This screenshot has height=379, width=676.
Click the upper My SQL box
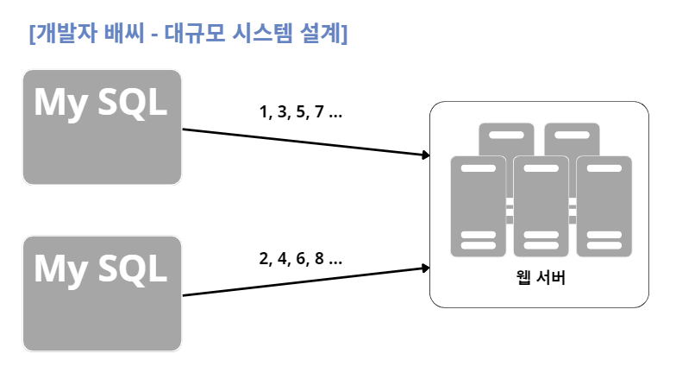click(102, 127)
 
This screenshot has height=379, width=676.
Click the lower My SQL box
click(102, 294)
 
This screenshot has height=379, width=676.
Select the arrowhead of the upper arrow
click(425, 155)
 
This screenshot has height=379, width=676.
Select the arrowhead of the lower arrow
click(425, 268)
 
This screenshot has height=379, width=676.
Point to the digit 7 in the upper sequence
click(319, 112)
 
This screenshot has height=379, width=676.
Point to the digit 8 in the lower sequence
click(319, 258)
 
